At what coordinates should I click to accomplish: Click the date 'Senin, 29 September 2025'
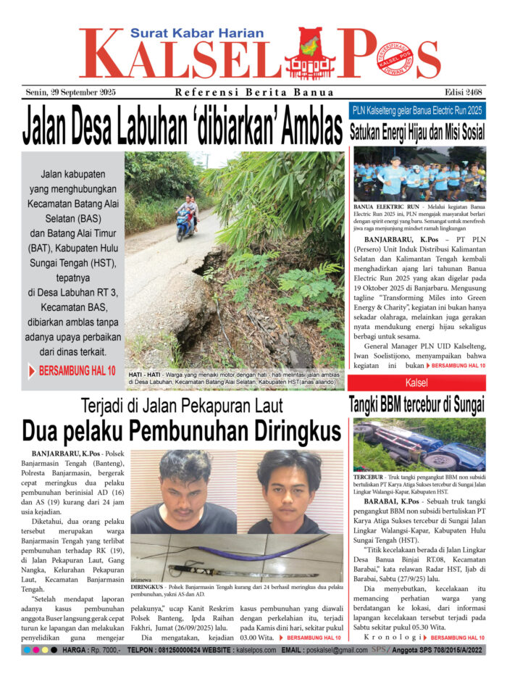[x=70, y=93]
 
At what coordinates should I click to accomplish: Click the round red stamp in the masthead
[x=394, y=58]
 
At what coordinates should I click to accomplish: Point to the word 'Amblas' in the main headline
[x=297, y=128]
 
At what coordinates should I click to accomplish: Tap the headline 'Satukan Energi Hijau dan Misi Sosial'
[x=418, y=133]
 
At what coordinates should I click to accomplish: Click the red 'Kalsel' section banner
[x=416, y=382]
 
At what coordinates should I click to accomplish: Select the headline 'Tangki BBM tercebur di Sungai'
[x=416, y=404]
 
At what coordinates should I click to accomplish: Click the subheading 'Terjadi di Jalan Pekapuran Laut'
[x=181, y=405]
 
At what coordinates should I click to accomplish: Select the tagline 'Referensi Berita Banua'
[x=254, y=93]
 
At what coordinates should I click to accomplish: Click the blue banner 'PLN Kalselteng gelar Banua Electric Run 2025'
[x=418, y=111]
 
